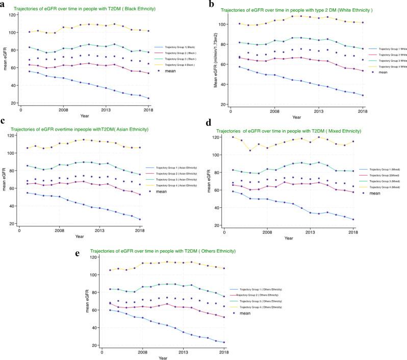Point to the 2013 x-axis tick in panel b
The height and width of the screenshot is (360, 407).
click(319, 111)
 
